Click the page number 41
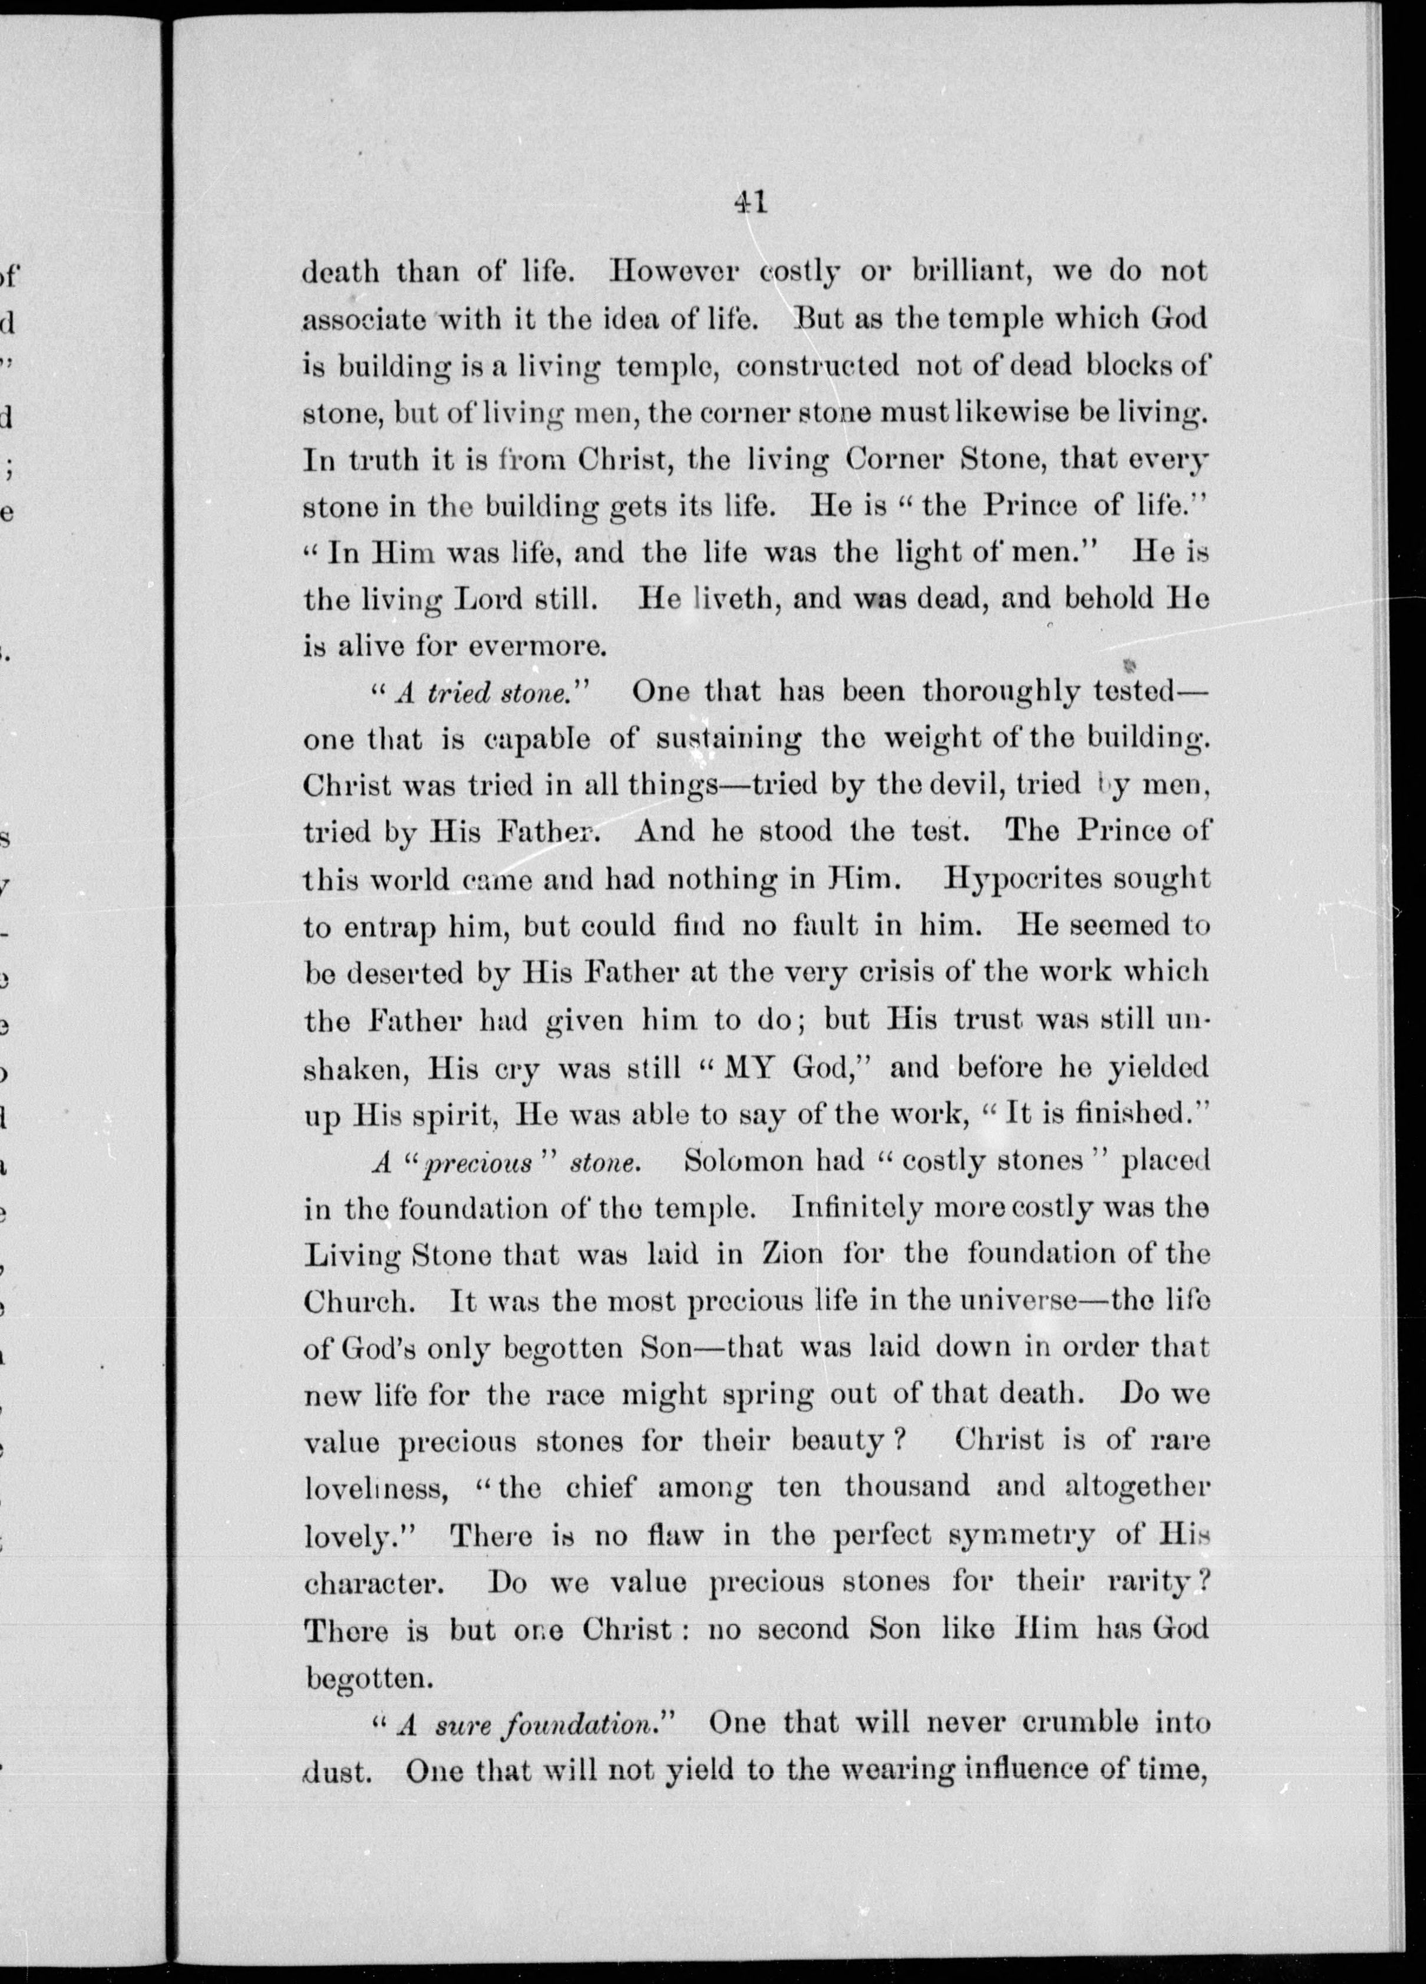pos(751,202)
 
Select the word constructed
pos(817,366)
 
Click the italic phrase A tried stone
pos(483,693)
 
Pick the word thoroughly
pos(996,693)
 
